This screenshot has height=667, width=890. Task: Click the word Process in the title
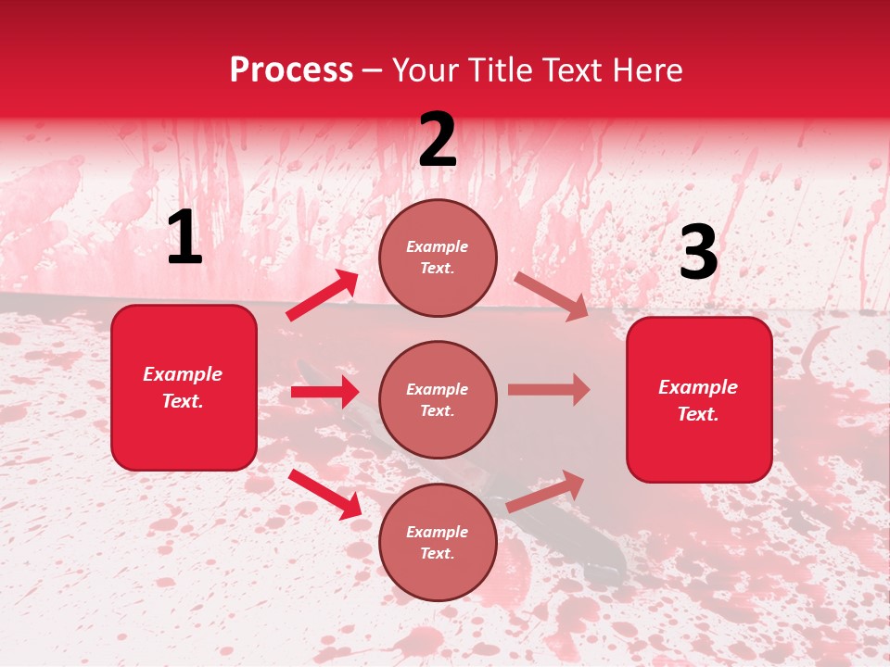[x=291, y=69]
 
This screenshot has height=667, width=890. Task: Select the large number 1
[x=184, y=238]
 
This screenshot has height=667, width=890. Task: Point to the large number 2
[x=438, y=140]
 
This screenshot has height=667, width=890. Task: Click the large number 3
[x=698, y=253]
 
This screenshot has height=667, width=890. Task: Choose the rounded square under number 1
[x=184, y=387]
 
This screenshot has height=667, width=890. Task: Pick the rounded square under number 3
[x=699, y=399]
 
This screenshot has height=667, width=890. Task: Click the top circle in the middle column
[x=438, y=258]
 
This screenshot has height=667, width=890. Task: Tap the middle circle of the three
[x=438, y=399]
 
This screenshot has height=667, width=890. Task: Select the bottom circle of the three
[x=438, y=542]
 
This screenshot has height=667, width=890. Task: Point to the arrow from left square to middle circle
[x=324, y=392]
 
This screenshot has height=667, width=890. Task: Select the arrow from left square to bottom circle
[x=325, y=493]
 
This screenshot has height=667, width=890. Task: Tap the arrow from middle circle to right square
[x=549, y=390]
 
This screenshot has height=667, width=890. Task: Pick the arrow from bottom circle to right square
[x=545, y=491]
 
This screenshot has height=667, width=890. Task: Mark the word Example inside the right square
[x=698, y=387]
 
